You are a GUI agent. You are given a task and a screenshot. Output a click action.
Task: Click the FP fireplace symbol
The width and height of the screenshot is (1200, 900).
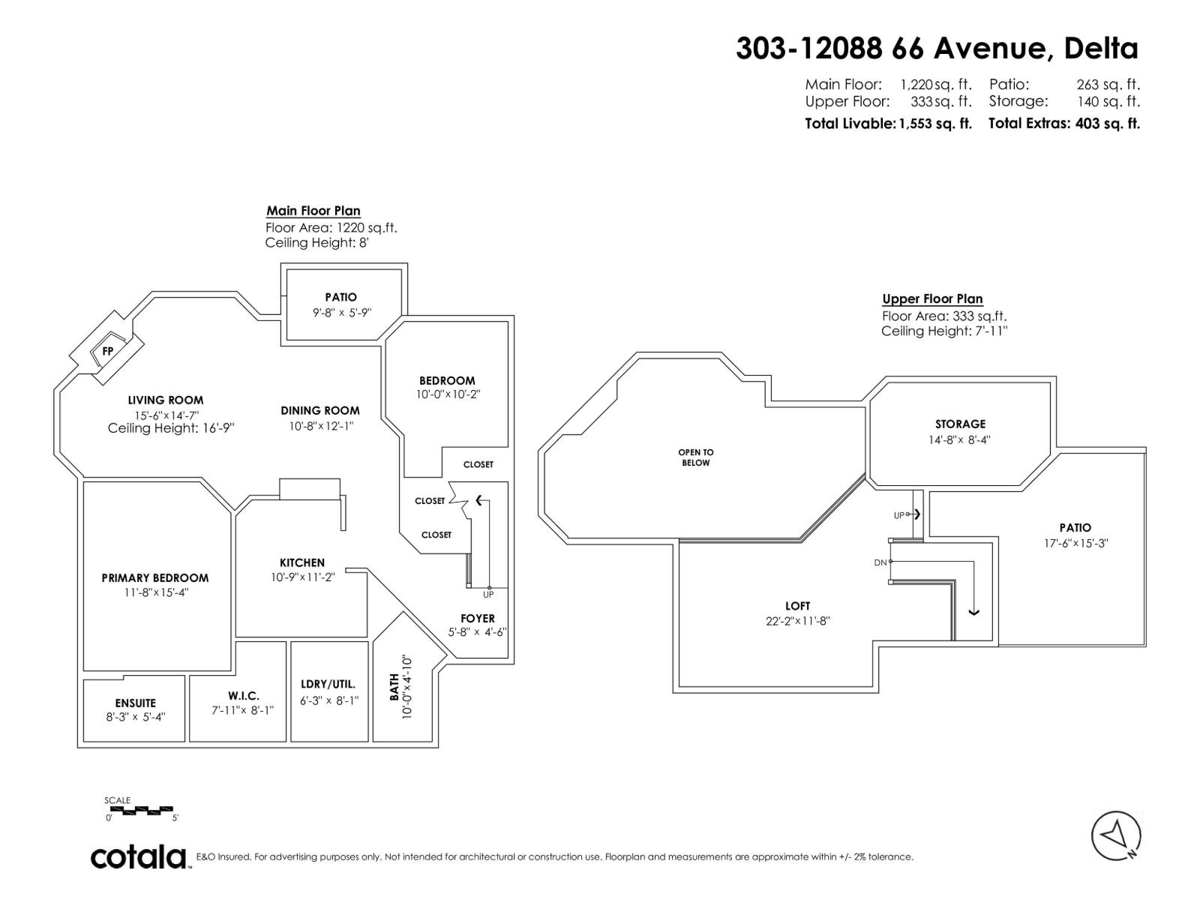(x=108, y=351)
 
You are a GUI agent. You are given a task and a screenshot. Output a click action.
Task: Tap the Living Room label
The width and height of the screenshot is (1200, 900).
(x=166, y=400)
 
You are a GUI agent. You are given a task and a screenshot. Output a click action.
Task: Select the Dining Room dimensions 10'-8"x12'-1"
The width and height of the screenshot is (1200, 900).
(x=322, y=426)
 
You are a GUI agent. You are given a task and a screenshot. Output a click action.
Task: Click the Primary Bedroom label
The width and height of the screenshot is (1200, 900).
(x=155, y=577)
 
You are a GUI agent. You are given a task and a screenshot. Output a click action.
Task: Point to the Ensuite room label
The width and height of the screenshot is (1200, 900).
(x=136, y=703)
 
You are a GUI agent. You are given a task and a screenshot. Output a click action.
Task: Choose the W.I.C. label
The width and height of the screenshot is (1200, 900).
(x=244, y=696)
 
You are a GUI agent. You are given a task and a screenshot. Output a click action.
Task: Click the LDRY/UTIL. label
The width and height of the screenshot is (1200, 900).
(x=328, y=684)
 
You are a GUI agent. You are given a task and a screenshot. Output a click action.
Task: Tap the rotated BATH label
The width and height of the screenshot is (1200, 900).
(x=394, y=687)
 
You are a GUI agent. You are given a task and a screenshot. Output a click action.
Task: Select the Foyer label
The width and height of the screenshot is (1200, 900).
(x=478, y=618)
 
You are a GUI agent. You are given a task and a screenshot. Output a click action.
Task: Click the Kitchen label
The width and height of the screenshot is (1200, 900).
(x=302, y=562)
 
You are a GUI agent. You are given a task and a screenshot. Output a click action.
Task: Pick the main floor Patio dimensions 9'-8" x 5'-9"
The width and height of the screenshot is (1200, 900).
(x=342, y=312)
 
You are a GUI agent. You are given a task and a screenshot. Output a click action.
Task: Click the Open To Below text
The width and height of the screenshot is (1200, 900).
(x=696, y=457)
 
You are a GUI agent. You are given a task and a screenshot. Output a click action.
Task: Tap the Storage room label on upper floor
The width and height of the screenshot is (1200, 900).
(x=960, y=424)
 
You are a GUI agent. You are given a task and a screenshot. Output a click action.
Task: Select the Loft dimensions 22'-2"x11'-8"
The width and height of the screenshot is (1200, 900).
(x=798, y=621)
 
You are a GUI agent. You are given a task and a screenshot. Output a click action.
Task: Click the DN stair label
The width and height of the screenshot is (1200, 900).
(x=880, y=562)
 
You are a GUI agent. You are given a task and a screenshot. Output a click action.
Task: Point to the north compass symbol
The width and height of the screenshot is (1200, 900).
(x=1116, y=835)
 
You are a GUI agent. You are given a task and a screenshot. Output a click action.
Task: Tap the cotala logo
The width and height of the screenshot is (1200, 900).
(x=139, y=856)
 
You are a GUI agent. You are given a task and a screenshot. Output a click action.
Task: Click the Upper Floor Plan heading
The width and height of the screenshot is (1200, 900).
(x=932, y=298)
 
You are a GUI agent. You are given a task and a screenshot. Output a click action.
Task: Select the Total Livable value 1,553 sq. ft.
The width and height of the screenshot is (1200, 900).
(x=935, y=124)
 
